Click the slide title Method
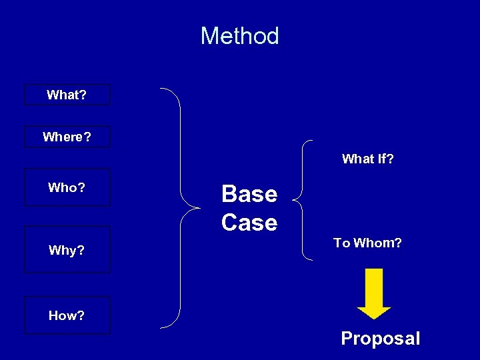(239, 36)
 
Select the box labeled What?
(67, 95)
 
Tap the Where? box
(67, 137)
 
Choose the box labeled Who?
(67, 187)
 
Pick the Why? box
(67, 250)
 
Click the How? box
(67, 315)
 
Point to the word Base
(249, 194)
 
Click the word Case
(249, 222)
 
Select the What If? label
(367, 159)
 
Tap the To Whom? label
(367, 243)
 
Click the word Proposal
(380, 339)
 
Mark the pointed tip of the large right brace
(199, 207)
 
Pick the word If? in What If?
(385, 159)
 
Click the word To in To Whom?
(341, 243)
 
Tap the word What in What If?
(357, 159)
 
